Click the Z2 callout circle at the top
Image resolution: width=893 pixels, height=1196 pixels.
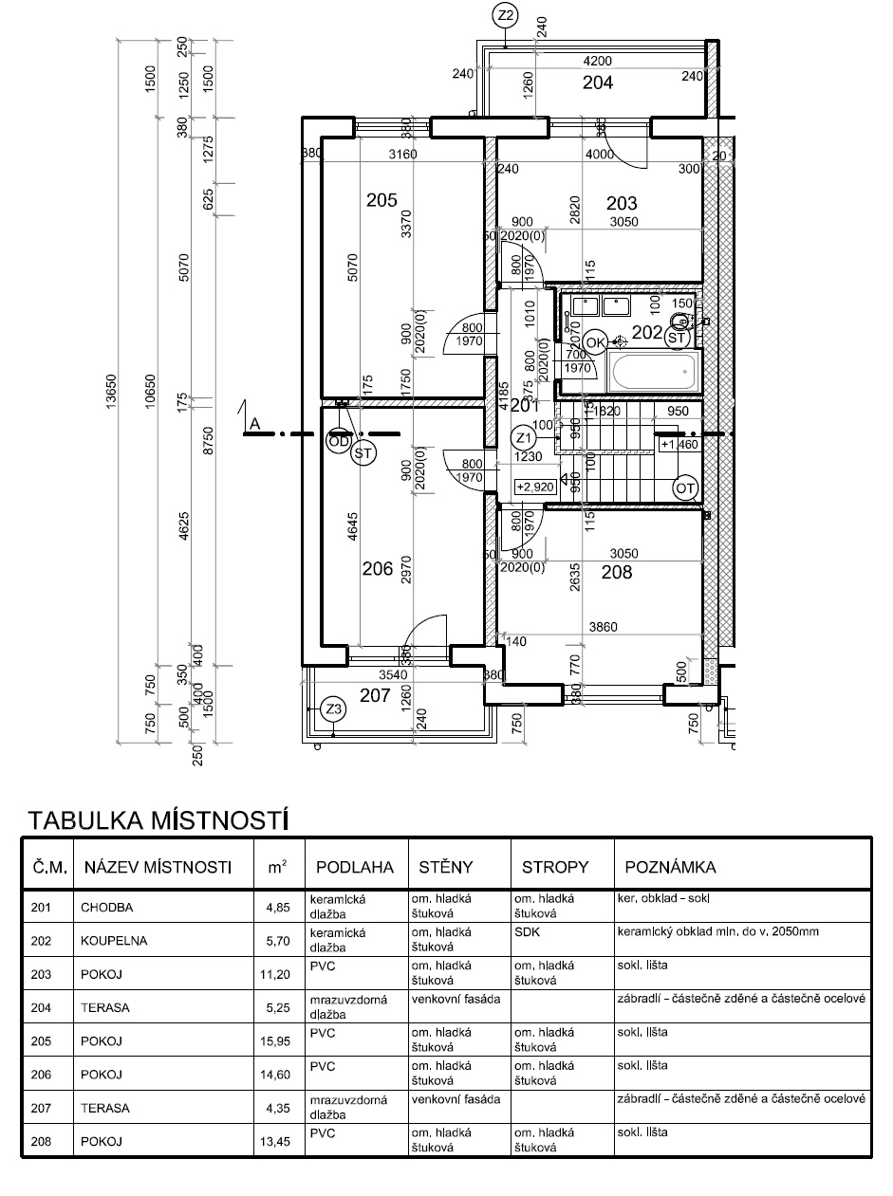pyautogui.click(x=505, y=15)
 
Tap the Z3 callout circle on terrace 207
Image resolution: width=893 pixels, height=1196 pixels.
pyautogui.click(x=332, y=709)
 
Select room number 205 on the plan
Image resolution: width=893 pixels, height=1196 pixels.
pyautogui.click(x=381, y=200)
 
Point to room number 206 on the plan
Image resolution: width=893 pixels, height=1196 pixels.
pyautogui.click(x=378, y=569)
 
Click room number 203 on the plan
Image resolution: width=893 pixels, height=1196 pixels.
pyautogui.click(x=622, y=203)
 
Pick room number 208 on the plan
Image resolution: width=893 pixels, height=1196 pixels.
pyautogui.click(x=616, y=573)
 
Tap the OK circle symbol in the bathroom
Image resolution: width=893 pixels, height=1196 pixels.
pyautogui.click(x=596, y=341)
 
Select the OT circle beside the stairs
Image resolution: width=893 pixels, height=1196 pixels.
pyautogui.click(x=685, y=488)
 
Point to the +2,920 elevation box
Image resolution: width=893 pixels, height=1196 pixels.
pyautogui.click(x=535, y=488)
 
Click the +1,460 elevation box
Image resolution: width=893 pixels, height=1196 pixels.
pyautogui.click(x=679, y=444)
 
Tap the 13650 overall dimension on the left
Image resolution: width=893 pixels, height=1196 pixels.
pyautogui.click(x=110, y=389)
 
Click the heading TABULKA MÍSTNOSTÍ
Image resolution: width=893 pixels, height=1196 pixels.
pyautogui.click(x=158, y=819)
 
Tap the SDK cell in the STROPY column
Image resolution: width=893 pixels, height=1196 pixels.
pyautogui.click(x=524, y=932)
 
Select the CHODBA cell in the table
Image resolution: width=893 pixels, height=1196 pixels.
pyautogui.click(x=107, y=907)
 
